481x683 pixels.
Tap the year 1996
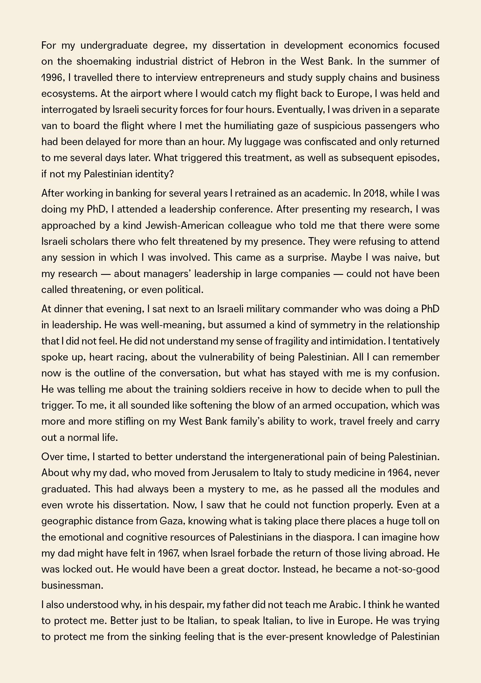(52, 78)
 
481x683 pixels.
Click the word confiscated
(327, 142)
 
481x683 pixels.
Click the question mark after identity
(171, 174)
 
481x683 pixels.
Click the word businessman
(72, 585)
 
